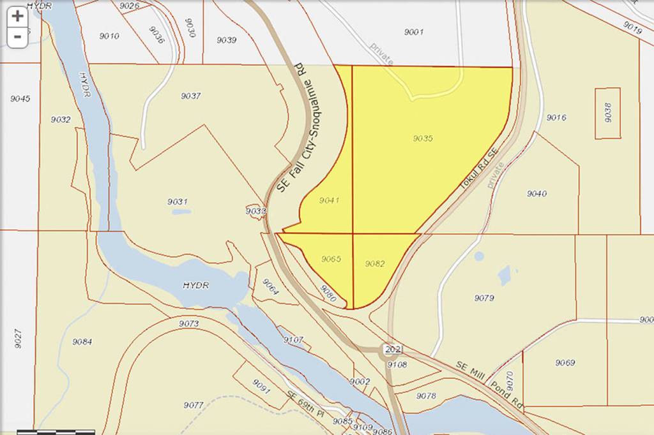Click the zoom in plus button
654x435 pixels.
click(17, 17)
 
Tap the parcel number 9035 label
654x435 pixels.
click(423, 138)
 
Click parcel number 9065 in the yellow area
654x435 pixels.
click(331, 259)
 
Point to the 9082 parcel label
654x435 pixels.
click(374, 263)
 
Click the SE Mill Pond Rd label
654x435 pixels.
click(490, 379)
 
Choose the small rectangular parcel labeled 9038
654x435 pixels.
click(608, 113)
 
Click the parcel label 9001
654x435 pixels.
click(413, 31)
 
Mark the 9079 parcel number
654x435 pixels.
click(484, 298)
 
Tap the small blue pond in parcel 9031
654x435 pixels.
click(181, 212)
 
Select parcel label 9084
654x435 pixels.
click(82, 342)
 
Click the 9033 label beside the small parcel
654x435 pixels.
click(255, 210)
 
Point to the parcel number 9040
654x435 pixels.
click(536, 193)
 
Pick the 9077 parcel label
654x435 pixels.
click(193, 405)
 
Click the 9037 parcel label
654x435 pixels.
click(190, 96)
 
